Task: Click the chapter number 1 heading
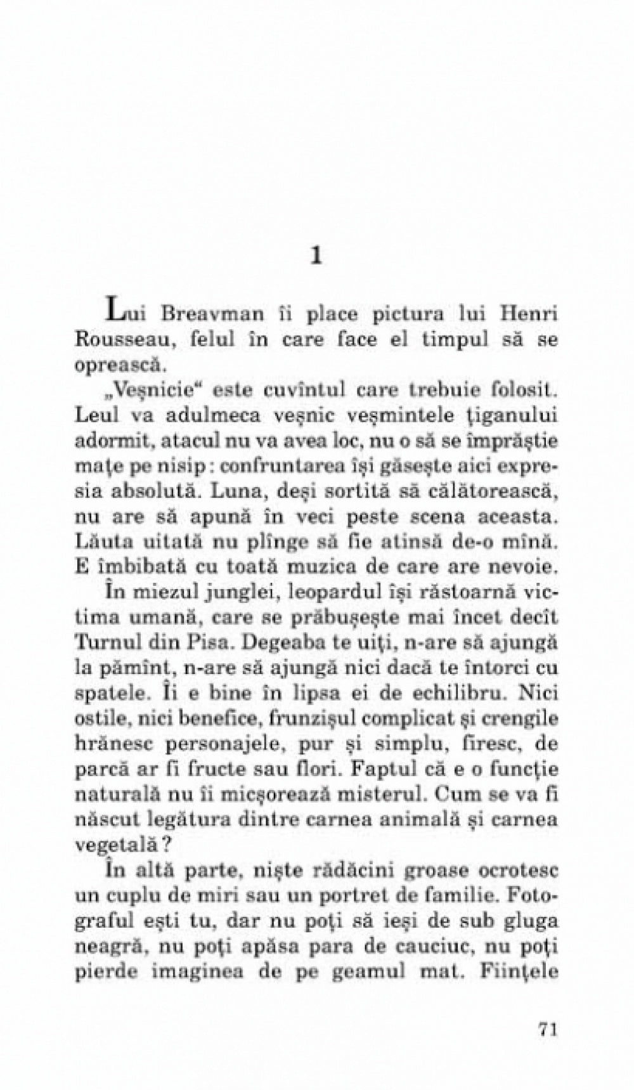tap(316, 256)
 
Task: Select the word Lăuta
tap(102, 542)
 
